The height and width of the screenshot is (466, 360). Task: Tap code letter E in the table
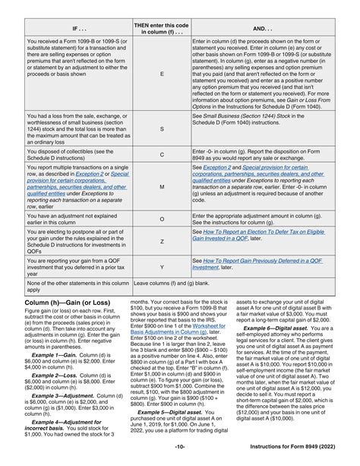tap(161, 74)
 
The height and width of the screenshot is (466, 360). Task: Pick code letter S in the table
tap(161, 129)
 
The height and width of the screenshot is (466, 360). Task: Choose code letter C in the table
tap(161, 154)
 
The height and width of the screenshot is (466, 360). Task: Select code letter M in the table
tap(161, 183)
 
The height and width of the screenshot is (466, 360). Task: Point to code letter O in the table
tap(161, 217)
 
